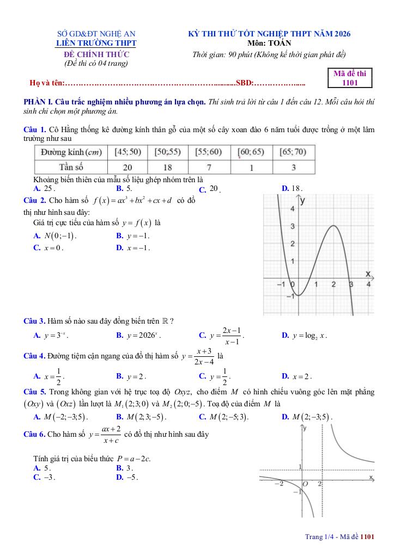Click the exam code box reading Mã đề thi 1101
(x=350, y=78)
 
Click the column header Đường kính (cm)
(x=71, y=152)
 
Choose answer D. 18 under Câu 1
(x=292, y=189)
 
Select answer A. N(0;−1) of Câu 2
(x=55, y=236)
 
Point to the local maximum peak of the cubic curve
(x=333, y=226)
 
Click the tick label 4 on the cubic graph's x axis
(x=369, y=285)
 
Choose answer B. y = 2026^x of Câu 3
(x=138, y=336)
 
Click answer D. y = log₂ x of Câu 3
(x=304, y=336)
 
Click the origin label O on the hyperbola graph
(x=305, y=484)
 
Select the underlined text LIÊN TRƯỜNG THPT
(x=97, y=43)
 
